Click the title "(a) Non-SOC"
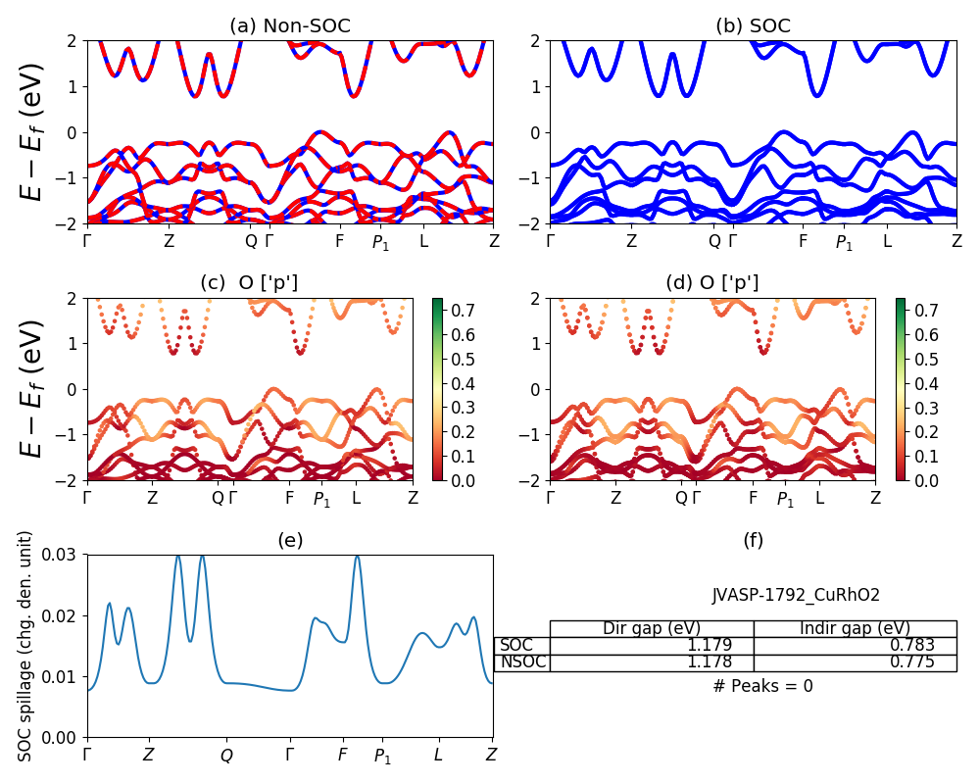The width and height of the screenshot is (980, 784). [289, 26]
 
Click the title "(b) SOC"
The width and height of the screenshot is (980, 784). [753, 26]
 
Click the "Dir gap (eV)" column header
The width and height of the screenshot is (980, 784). [651, 628]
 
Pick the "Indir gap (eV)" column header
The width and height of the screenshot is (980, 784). [855, 628]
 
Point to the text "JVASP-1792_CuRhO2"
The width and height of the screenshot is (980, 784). [796, 595]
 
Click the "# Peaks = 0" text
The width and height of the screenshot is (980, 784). [762, 686]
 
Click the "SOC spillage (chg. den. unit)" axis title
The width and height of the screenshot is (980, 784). [26, 646]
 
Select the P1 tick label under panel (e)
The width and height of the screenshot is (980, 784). [382, 757]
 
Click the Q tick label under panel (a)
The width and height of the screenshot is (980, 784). [251, 241]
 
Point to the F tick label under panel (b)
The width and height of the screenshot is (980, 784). [803, 241]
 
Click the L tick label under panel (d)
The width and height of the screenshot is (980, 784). [819, 498]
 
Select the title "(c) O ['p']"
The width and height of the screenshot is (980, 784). [249, 283]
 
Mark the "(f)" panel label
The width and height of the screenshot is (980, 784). [753, 540]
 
